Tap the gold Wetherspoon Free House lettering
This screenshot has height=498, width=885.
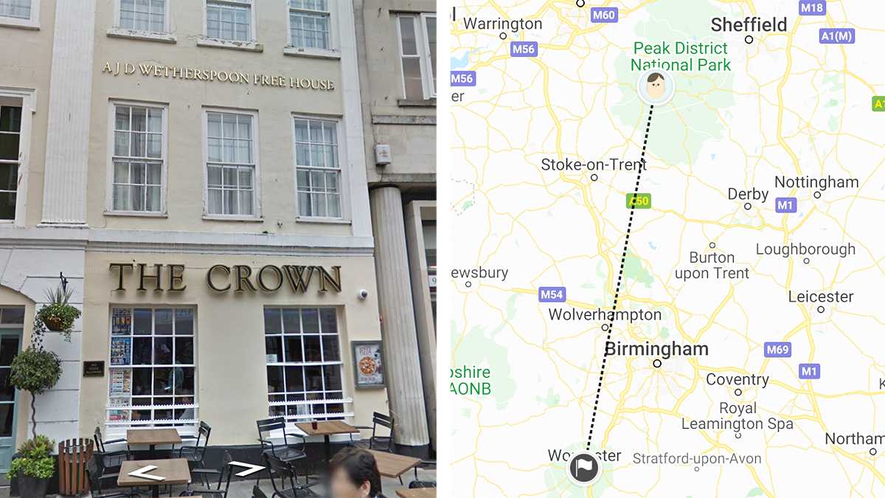[218, 76]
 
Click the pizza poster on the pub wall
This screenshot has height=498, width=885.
[367, 364]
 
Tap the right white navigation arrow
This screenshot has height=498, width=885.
[247, 468]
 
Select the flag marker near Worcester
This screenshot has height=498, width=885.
[583, 468]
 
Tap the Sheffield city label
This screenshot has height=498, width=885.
[749, 25]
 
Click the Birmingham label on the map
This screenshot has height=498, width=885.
[656, 349]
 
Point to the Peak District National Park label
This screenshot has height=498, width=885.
[680, 57]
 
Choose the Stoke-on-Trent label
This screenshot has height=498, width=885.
[593, 165]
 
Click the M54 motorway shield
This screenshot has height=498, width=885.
[551, 294]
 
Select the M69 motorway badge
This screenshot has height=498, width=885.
[777, 350]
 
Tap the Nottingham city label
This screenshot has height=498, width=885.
[816, 182]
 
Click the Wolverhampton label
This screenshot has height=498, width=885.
[605, 315]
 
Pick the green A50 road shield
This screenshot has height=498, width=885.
[638, 201]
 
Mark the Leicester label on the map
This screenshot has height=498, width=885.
[820, 297]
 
